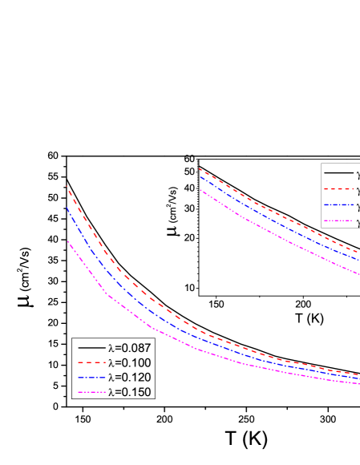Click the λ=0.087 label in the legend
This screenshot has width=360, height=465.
pos(129,348)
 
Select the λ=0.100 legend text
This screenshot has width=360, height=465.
pos(129,362)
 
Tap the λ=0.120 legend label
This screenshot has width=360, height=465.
pos(129,377)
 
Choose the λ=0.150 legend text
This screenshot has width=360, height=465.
pos(129,391)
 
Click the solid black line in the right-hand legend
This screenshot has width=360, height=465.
pos(338,172)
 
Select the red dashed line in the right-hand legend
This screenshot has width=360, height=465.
pos(338,189)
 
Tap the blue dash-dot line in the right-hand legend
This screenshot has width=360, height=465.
pos(338,205)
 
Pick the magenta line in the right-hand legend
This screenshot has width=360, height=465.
pos(338,222)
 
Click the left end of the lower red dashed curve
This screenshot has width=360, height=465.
pos(67,187)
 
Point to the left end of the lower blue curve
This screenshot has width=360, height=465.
pos(67,208)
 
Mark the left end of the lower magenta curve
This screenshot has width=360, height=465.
pos(67,241)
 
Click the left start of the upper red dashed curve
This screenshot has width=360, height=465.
pos(199,169)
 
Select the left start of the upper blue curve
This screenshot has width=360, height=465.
pos(199,176)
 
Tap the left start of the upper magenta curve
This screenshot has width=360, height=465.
pos(199,188)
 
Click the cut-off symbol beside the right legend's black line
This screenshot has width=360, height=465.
pos(358,172)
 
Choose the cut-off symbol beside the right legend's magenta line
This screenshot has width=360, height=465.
pos(358,222)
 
